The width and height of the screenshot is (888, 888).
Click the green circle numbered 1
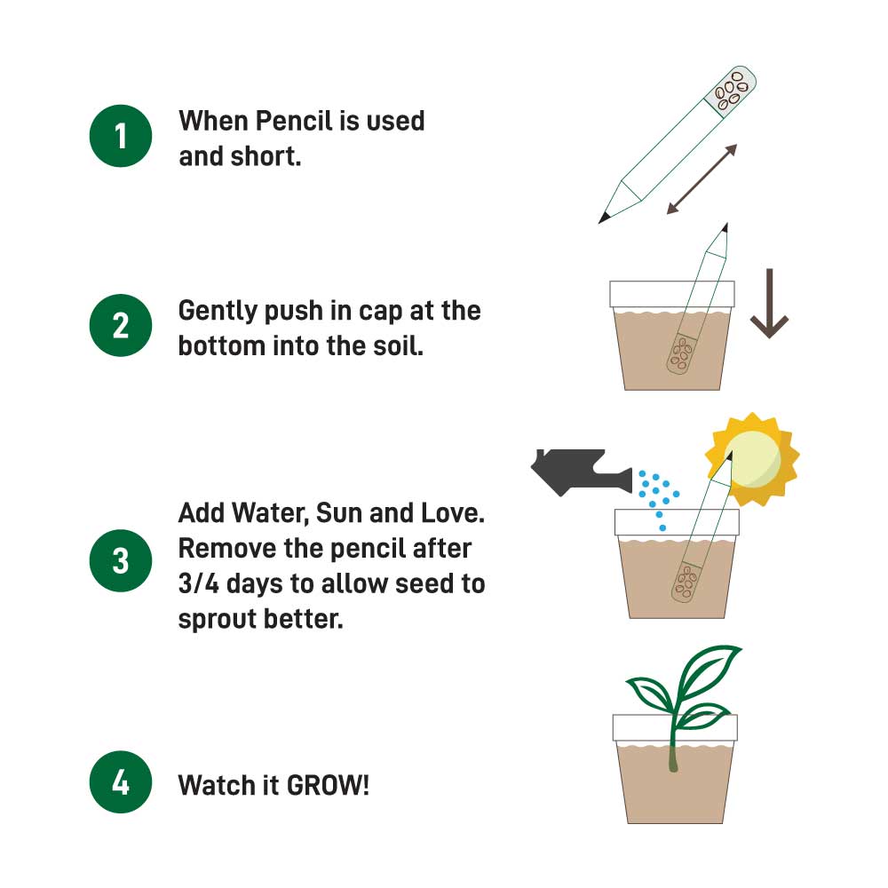[121, 136]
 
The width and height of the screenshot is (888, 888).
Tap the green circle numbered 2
[121, 325]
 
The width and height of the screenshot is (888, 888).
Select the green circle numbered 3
[121, 561]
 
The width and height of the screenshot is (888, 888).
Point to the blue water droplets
[658, 493]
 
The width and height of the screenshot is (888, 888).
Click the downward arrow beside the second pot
[769, 304]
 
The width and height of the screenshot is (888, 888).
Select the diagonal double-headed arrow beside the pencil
[702, 179]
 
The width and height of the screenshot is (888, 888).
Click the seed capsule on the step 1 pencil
[730, 89]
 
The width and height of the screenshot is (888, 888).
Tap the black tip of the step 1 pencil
[605, 216]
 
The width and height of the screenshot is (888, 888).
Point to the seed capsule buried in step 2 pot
[681, 353]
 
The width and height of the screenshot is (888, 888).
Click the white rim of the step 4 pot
[675, 727]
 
